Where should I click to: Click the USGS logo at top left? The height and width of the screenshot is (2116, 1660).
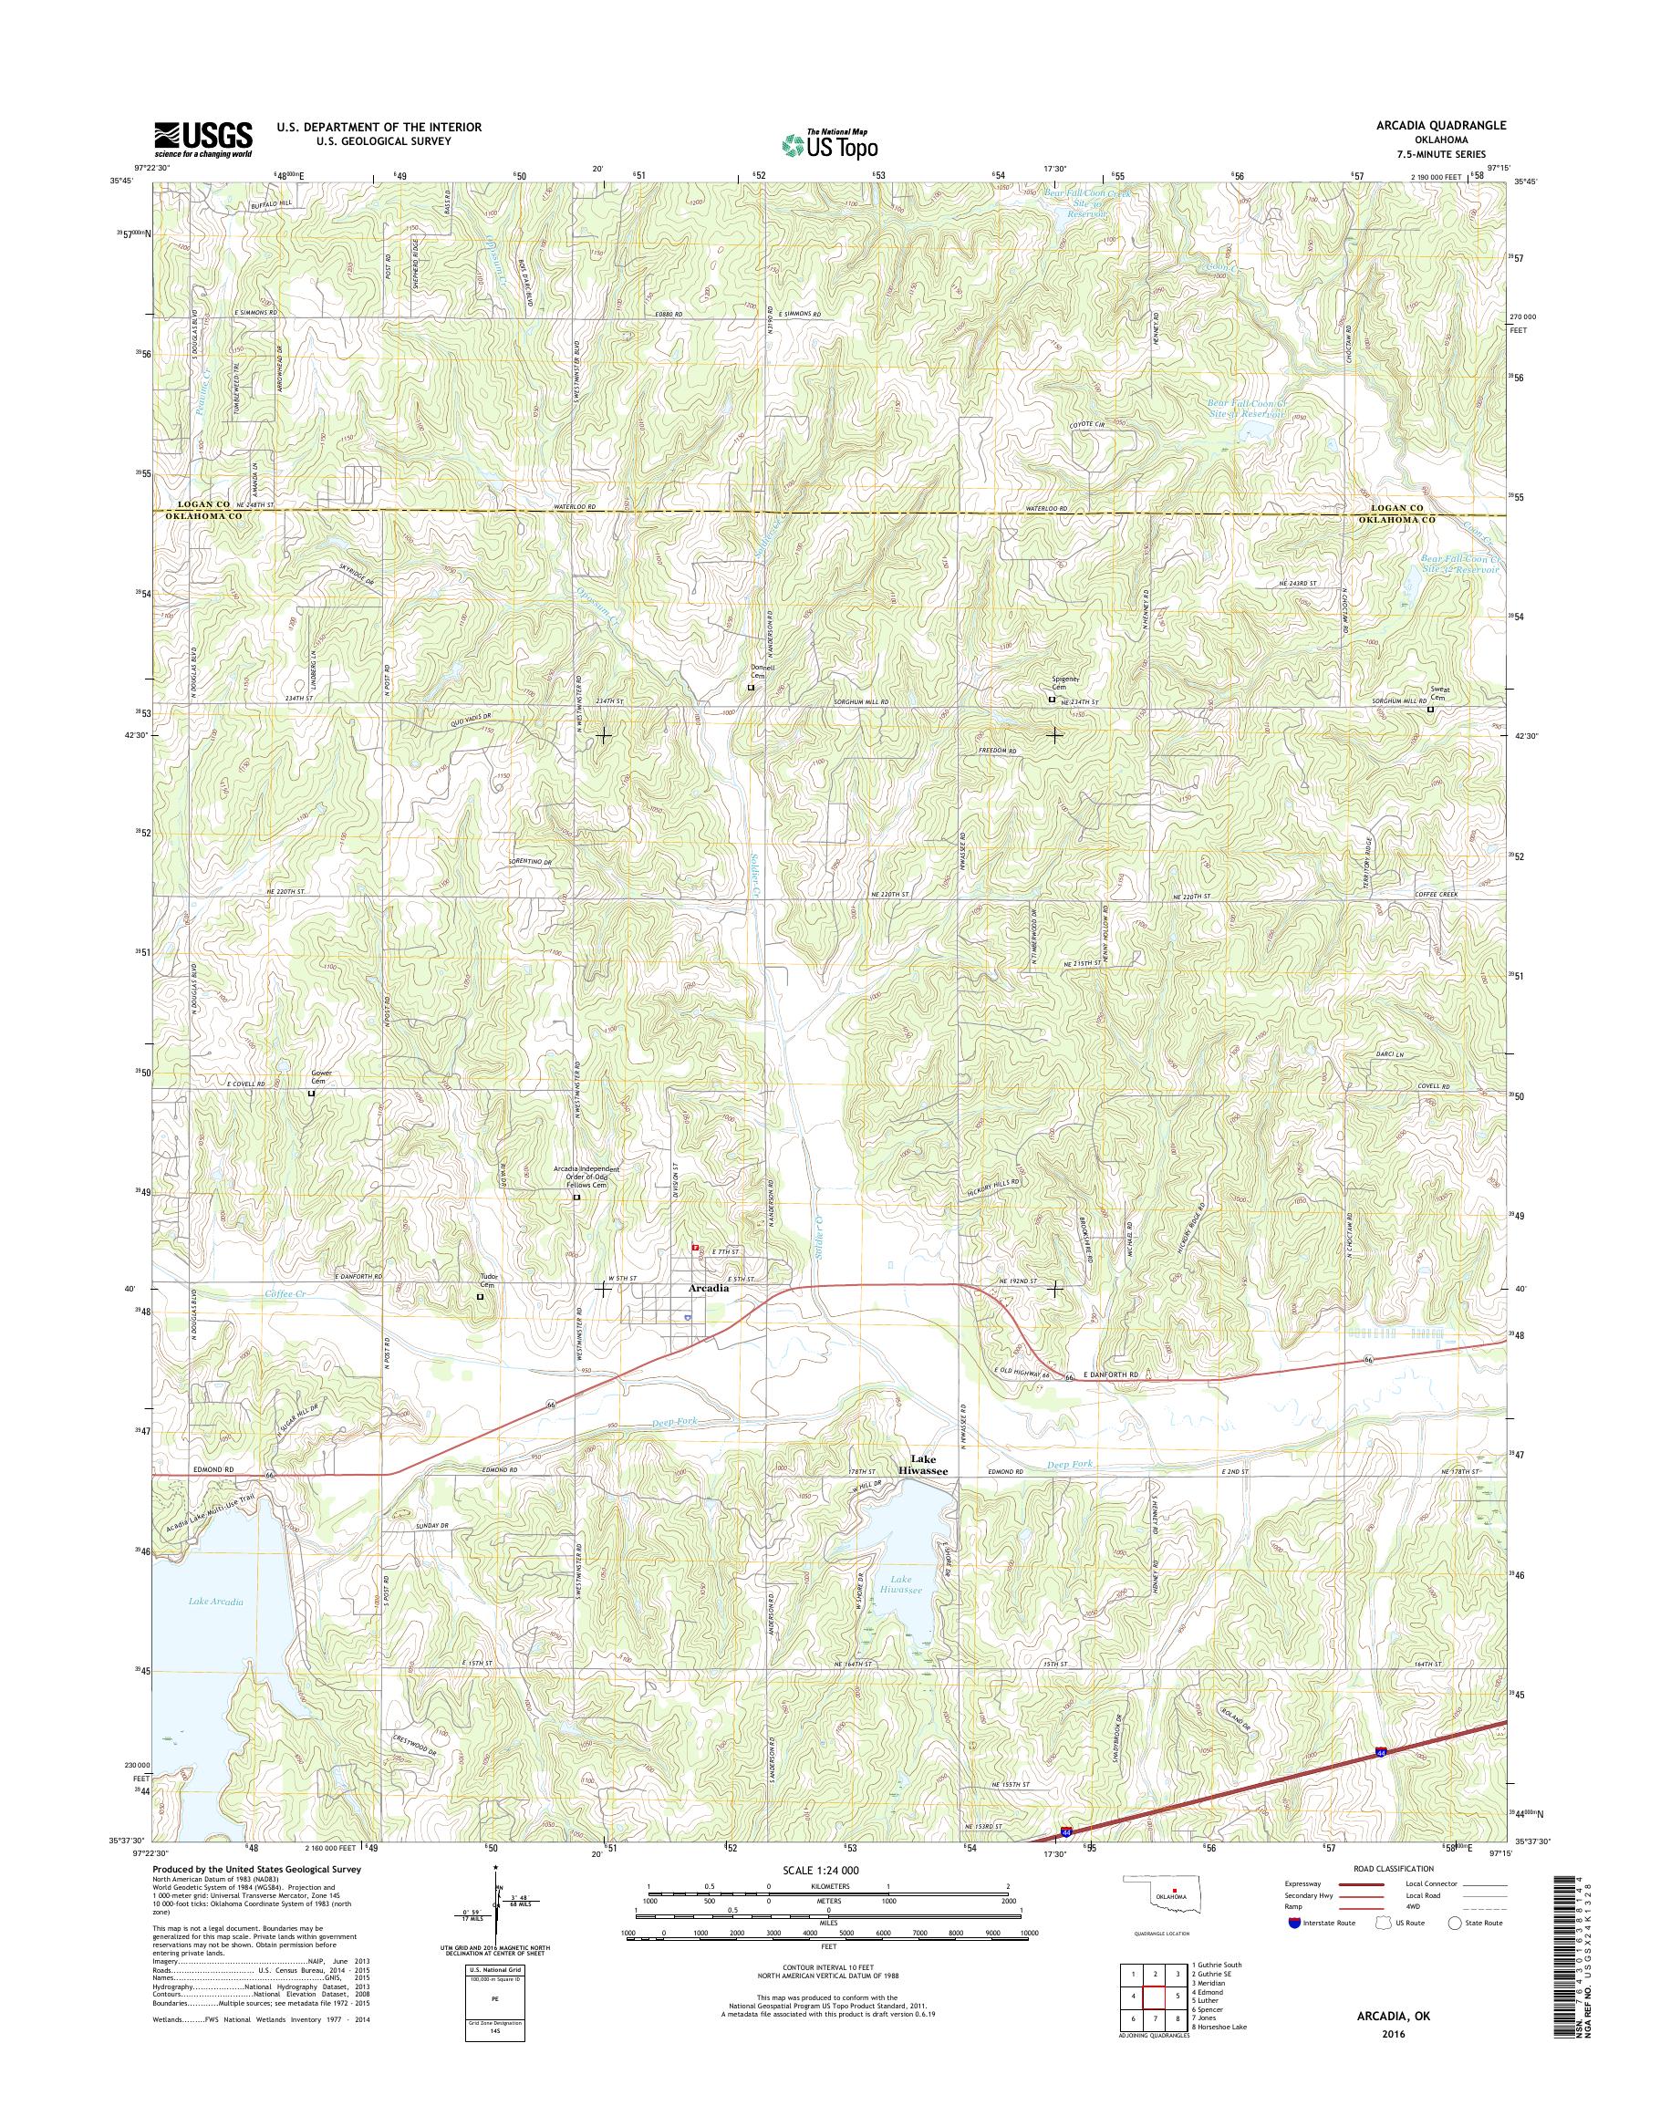pos(203,140)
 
